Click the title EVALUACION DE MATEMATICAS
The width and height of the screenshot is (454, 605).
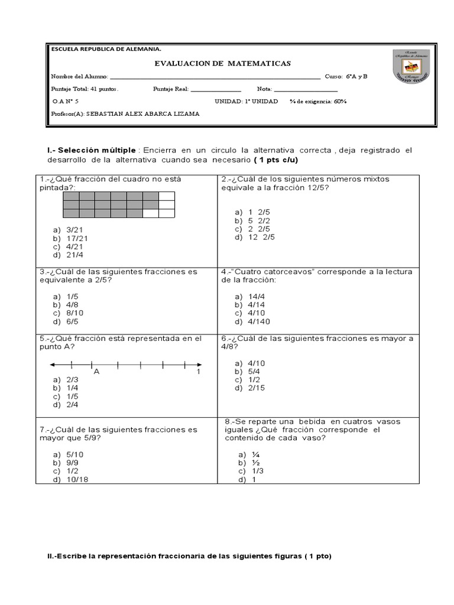(223, 63)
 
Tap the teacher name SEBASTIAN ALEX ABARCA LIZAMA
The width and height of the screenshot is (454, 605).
(142, 114)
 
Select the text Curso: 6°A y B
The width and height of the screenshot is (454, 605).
(346, 76)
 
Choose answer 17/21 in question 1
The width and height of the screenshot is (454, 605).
(76, 238)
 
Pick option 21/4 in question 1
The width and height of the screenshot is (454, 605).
(74, 255)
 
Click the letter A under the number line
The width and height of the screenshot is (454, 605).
(96, 372)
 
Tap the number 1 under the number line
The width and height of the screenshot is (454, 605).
(199, 372)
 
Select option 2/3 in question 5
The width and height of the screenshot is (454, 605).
(72, 379)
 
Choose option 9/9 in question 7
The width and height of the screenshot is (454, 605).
(72, 463)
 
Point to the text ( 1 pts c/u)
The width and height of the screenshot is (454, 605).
(276, 160)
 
